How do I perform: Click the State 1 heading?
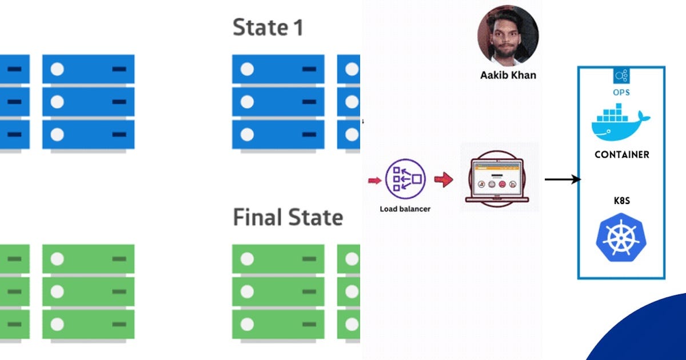[x=268, y=27]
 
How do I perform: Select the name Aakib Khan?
[x=508, y=75]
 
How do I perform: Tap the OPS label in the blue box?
[x=621, y=93]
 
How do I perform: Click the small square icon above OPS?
[x=621, y=76]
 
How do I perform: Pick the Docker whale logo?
[x=620, y=122]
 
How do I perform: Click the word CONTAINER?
[x=621, y=155]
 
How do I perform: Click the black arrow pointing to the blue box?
[x=563, y=179]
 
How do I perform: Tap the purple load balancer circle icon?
[x=405, y=179]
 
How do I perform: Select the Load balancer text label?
[x=405, y=209]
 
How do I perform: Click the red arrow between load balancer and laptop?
[x=444, y=180]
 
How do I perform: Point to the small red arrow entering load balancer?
[x=374, y=181]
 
